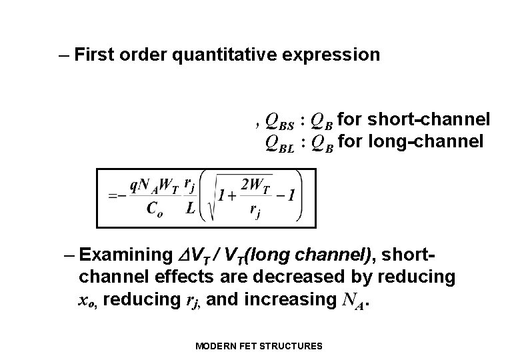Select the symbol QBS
click(279, 120)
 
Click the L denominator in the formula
click(190, 208)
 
